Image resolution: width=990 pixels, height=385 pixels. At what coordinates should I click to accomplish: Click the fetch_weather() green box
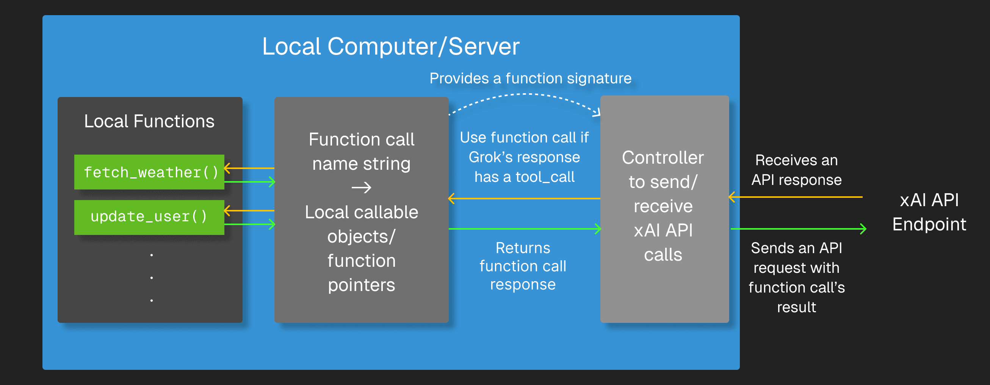(149, 172)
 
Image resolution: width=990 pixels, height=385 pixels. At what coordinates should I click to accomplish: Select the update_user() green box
(149, 217)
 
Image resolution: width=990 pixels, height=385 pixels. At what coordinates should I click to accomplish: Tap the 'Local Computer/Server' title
(390, 47)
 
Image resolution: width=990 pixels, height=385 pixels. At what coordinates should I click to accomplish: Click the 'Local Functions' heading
(149, 121)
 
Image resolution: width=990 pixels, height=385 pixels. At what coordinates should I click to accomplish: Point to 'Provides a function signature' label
(530, 78)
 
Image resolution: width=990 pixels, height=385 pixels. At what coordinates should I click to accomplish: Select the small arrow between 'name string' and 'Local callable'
(361, 188)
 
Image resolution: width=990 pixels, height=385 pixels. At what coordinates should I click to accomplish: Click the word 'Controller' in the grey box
(663, 158)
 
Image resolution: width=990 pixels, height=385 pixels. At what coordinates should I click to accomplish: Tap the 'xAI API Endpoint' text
(929, 212)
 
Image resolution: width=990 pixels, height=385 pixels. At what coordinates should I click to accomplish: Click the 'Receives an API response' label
(796, 170)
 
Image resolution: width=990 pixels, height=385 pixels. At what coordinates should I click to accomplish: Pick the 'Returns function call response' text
(523, 266)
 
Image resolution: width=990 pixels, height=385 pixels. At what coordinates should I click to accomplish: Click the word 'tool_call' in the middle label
(545, 177)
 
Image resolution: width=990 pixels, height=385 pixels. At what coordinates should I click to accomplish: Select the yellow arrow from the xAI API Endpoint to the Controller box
(796, 197)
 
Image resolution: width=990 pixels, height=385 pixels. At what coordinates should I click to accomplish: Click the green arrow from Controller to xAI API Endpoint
(797, 229)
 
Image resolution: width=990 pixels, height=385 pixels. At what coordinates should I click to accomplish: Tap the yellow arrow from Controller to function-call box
(524, 199)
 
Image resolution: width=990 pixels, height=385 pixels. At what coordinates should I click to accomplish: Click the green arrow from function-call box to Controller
(524, 229)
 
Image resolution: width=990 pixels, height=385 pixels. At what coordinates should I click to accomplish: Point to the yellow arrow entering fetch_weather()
(249, 168)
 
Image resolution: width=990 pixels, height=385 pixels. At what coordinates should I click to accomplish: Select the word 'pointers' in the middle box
(361, 285)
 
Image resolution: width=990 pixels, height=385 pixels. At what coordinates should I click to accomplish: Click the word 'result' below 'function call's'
(796, 307)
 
